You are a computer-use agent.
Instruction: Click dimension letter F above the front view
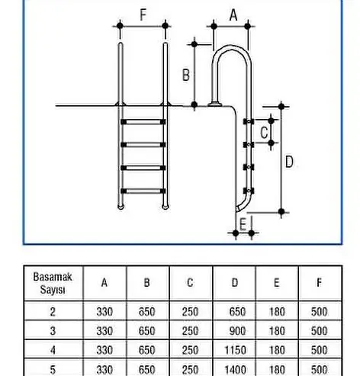[143, 15]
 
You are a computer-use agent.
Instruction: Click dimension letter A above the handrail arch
[233, 15]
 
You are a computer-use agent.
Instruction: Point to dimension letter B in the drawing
[186, 76]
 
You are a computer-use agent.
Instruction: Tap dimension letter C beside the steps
[265, 133]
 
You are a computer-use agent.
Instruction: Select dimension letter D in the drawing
[289, 162]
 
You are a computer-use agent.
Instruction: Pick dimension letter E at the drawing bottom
[243, 224]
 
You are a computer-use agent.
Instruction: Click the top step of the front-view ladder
[143, 122]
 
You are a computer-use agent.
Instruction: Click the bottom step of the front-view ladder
[143, 191]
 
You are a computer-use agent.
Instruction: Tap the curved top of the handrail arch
[230, 47]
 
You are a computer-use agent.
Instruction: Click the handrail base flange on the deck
[215, 104]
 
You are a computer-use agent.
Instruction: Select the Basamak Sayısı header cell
[53, 283]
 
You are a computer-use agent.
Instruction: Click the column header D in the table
[235, 283]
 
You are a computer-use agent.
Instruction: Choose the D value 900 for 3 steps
[237, 331]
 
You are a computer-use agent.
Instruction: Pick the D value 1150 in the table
[235, 350]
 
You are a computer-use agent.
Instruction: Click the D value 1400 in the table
[235, 370]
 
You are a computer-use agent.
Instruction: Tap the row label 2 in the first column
[53, 312]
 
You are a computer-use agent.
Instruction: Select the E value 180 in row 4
[277, 350]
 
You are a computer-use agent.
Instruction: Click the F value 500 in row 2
[319, 312]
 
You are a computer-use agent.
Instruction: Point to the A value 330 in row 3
[104, 331]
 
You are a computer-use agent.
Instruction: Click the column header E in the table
[277, 283]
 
